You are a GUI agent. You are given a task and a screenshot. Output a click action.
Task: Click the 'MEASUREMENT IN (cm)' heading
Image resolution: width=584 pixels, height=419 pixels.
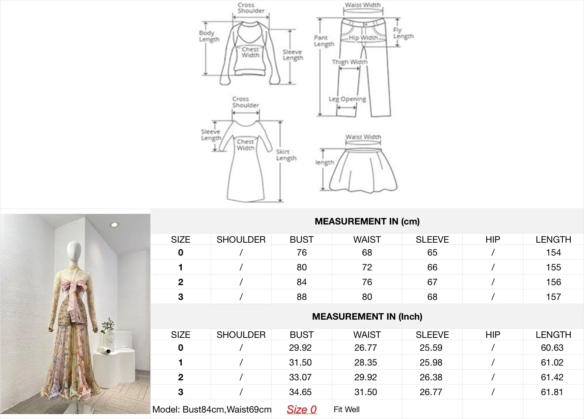367,221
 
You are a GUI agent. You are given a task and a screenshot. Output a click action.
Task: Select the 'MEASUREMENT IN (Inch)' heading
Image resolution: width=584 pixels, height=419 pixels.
367,317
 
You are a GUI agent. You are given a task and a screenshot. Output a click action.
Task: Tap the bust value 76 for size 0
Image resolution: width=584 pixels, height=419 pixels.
301,253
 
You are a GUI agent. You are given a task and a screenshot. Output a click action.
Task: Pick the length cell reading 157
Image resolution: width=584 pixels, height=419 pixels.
553,297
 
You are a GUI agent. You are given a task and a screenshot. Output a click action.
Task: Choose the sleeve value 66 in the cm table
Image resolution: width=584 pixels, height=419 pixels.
432,267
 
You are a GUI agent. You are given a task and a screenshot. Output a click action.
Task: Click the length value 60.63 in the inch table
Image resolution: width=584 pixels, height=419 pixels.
552,348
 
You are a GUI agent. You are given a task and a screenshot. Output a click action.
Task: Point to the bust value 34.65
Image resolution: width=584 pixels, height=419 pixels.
300,392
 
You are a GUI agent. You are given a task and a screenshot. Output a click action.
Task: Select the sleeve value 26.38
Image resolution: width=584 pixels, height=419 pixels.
431,377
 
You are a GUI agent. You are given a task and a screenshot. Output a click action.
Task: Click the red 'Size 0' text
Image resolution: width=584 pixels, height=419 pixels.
301,410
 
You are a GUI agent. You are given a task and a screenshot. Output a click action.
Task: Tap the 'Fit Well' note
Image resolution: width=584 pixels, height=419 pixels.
347,410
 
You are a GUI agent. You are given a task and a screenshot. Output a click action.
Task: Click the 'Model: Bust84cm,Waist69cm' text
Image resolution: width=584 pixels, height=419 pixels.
212,410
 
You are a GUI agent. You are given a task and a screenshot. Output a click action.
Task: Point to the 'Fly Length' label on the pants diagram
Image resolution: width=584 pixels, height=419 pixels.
403,33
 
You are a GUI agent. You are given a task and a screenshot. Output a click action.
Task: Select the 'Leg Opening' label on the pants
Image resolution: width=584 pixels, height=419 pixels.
347,99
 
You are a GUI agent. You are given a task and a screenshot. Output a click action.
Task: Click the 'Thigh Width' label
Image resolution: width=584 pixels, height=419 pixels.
350,62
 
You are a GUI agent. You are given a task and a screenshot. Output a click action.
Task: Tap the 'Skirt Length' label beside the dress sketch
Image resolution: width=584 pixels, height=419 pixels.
286,155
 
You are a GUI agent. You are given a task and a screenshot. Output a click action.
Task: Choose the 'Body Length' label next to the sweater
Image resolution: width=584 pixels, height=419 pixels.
209,36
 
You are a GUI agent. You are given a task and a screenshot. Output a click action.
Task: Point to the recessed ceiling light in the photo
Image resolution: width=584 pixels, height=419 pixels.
114,224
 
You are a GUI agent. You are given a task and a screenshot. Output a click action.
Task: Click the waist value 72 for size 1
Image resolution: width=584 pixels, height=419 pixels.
367,267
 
